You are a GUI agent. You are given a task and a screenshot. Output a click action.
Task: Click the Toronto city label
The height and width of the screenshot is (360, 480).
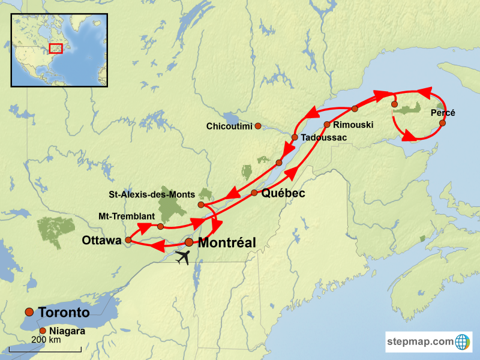[64, 313]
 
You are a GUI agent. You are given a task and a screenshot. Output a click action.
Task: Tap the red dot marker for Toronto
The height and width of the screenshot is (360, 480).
[29, 311]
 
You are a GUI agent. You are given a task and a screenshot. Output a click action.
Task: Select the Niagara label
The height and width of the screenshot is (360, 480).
[67, 331]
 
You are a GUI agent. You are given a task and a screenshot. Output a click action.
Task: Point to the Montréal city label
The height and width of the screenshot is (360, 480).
[227, 243]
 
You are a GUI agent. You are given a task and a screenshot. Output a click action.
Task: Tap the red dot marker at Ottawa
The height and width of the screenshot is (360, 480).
[128, 240]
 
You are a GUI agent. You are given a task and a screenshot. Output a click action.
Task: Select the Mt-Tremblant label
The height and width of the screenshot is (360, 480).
[127, 216]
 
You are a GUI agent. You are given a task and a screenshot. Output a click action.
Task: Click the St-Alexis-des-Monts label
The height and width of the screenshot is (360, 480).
[152, 194]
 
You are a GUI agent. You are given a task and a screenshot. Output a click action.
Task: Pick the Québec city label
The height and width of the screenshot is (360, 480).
[283, 193]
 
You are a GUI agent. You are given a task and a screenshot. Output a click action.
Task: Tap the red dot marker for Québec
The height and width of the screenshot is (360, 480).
[254, 193]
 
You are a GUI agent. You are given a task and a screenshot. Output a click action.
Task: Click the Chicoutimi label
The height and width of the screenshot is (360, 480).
[229, 127]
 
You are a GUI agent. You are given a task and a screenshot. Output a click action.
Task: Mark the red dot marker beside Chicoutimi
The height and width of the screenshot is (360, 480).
[258, 126]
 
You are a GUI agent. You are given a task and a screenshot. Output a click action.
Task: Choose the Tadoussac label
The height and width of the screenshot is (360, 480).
[323, 137]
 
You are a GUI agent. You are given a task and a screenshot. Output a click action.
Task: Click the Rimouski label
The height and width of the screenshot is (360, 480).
[353, 125]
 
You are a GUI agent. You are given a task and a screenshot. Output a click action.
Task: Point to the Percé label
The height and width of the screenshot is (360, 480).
[443, 113]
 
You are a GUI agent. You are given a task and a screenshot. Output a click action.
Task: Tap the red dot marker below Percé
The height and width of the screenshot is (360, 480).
[442, 123]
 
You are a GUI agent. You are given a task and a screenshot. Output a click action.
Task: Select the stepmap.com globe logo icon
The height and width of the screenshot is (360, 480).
[463, 342]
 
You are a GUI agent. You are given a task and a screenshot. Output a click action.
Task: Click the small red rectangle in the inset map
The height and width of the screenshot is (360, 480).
[56, 47]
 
